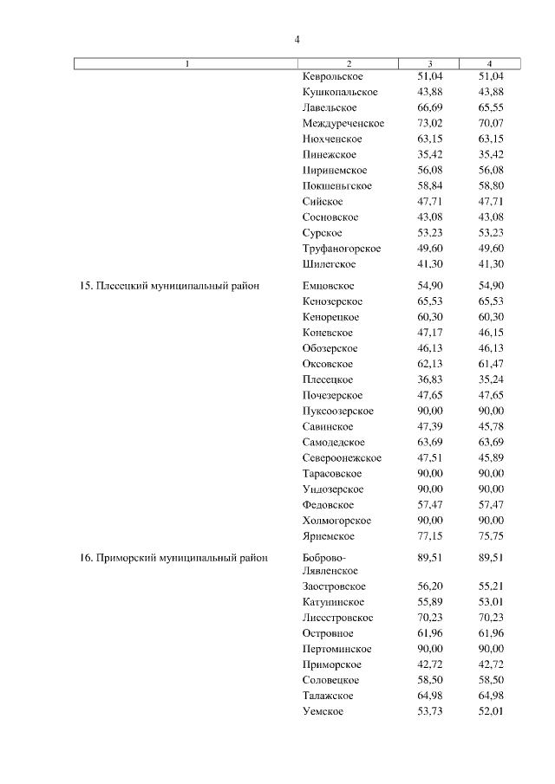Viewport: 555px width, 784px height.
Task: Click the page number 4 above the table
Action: pyautogui.click(x=297, y=40)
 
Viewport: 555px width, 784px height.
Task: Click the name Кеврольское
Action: pyautogui.click(x=333, y=76)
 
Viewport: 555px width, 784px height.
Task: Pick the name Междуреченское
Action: pyautogui.click(x=343, y=123)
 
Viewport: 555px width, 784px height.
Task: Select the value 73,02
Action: pyautogui.click(x=430, y=123)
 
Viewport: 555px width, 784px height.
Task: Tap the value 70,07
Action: pyautogui.click(x=491, y=123)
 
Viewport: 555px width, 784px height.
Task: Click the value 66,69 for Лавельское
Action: pyautogui.click(x=430, y=107)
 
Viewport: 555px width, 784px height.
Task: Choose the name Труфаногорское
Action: pyautogui.click(x=342, y=249)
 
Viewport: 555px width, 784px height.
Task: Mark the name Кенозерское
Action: pyautogui.click(x=333, y=301)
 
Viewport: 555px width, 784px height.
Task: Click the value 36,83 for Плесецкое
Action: pyautogui.click(x=430, y=379)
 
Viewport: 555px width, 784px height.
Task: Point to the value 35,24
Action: pyautogui.click(x=491, y=379)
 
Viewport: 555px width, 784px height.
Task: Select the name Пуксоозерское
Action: pyautogui.click(x=338, y=411)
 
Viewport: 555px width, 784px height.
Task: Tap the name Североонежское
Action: pyautogui.click(x=342, y=457)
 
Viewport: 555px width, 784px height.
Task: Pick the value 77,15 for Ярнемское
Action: pyautogui.click(x=430, y=536)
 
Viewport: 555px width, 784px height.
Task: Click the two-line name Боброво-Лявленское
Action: pyautogui.click(x=330, y=564)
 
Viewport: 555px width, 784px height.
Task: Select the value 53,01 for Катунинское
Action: pyautogui.click(x=491, y=602)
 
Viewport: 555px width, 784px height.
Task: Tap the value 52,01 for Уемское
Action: pyautogui.click(x=491, y=711)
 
